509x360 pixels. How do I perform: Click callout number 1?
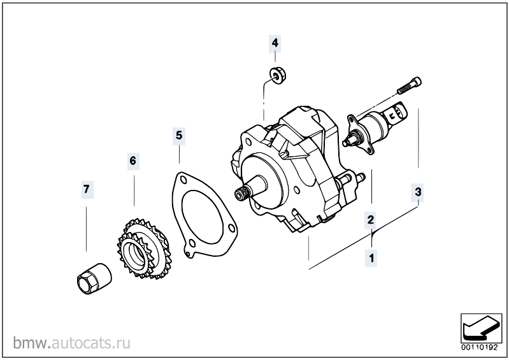click(x=371, y=259)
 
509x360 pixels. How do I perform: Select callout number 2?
click(x=371, y=220)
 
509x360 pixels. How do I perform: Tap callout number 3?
click(x=418, y=192)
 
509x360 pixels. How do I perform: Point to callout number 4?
click(x=275, y=43)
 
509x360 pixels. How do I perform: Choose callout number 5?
click(x=179, y=135)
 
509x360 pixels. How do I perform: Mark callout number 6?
click(x=133, y=161)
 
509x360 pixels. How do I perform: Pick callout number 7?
click(x=87, y=189)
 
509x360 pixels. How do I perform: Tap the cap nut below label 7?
click(x=94, y=278)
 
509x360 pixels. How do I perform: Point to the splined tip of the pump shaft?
click(x=241, y=194)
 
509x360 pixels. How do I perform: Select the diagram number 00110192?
click(x=480, y=347)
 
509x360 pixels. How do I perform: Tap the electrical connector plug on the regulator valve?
click(x=397, y=113)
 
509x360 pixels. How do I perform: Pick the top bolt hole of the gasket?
click(x=183, y=180)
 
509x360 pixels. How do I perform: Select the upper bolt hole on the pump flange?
click(x=249, y=142)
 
